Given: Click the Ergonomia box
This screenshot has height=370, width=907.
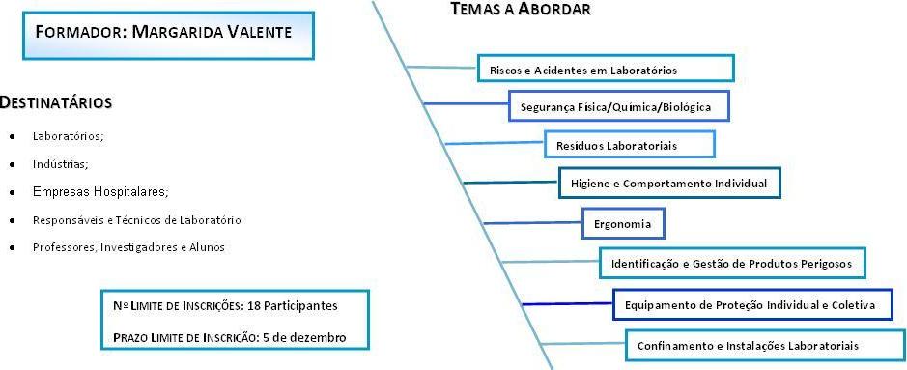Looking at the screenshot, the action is (623, 224).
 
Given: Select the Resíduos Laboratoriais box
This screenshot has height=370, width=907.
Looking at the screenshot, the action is (630, 145).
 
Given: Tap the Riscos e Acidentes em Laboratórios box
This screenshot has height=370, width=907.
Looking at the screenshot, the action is (606, 69).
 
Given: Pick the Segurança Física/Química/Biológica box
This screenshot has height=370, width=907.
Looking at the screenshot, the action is (619, 106).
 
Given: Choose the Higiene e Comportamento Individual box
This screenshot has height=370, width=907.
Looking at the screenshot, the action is (669, 183).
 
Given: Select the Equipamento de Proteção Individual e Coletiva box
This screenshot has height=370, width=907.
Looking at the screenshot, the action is (753, 304).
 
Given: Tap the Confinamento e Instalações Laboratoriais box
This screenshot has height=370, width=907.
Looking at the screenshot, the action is (766, 345).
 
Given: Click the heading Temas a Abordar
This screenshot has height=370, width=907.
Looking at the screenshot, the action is (521, 10).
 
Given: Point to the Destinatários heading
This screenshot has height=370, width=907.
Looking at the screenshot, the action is (55, 103).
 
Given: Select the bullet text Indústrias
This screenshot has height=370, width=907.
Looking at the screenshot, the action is (61, 164).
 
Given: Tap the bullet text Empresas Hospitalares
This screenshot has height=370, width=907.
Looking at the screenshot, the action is (100, 191).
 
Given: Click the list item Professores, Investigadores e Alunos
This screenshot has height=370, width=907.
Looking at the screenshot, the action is (128, 247).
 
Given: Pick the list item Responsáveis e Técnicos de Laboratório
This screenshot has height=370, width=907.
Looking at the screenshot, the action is (137, 220).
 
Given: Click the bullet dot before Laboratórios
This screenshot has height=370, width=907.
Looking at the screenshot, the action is (12, 137).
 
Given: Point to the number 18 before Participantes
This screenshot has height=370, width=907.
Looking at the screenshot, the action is (254, 306).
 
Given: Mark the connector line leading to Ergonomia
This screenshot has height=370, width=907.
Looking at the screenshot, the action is (532, 222).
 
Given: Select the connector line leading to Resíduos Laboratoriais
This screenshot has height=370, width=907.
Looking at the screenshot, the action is (495, 143).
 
